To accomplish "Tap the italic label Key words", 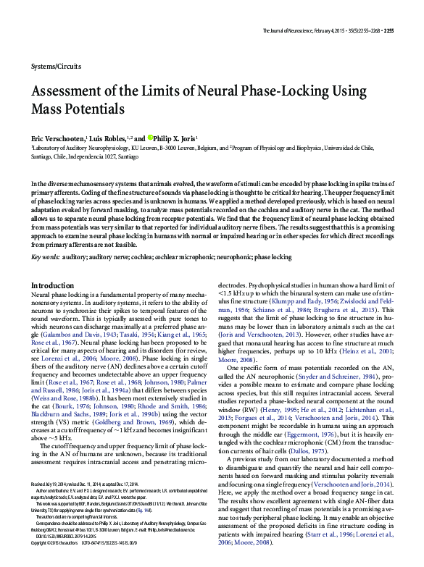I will pyautogui.click(x=46, y=257).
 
